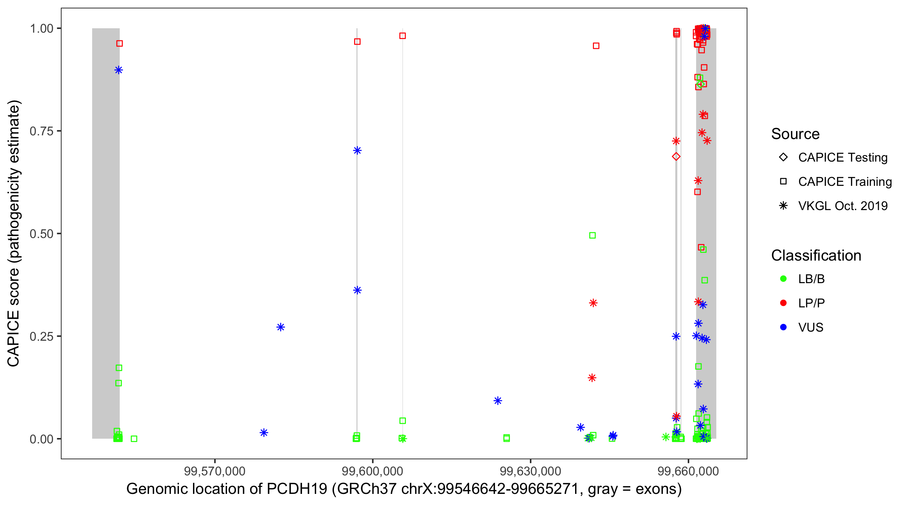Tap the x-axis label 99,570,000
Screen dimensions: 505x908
pyautogui.click(x=214, y=471)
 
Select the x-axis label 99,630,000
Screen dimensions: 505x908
pyautogui.click(x=530, y=471)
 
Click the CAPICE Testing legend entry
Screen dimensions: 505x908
pyautogui.click(x=842, y=158)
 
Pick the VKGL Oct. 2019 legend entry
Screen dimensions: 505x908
pyautogui.click(x=842, y=206)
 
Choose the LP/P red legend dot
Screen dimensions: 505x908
pyautogui.click(x=783, y=303)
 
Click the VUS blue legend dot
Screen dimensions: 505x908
pyautogui.click(x=783, y=328)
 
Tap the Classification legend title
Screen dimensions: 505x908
pyautogui.click(x=816, y=256)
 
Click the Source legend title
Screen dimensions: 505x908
pyautogui.click(x=795, y=134)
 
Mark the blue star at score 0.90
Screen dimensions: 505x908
pyautogui.click(x=118, y=70)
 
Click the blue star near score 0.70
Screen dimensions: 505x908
pyautogui.click(x=357, y=151)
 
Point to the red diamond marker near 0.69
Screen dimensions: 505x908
pyautogui.click(x=676, y=156)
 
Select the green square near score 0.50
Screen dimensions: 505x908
pyautogui.click(x=592, y=235)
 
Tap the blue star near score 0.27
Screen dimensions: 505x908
pyautogui.click(x=280, y=327)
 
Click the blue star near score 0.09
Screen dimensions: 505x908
pyautogui.click(x=497, y=401)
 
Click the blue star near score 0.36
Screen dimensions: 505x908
pyautogui.click(x=357, y=291)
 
